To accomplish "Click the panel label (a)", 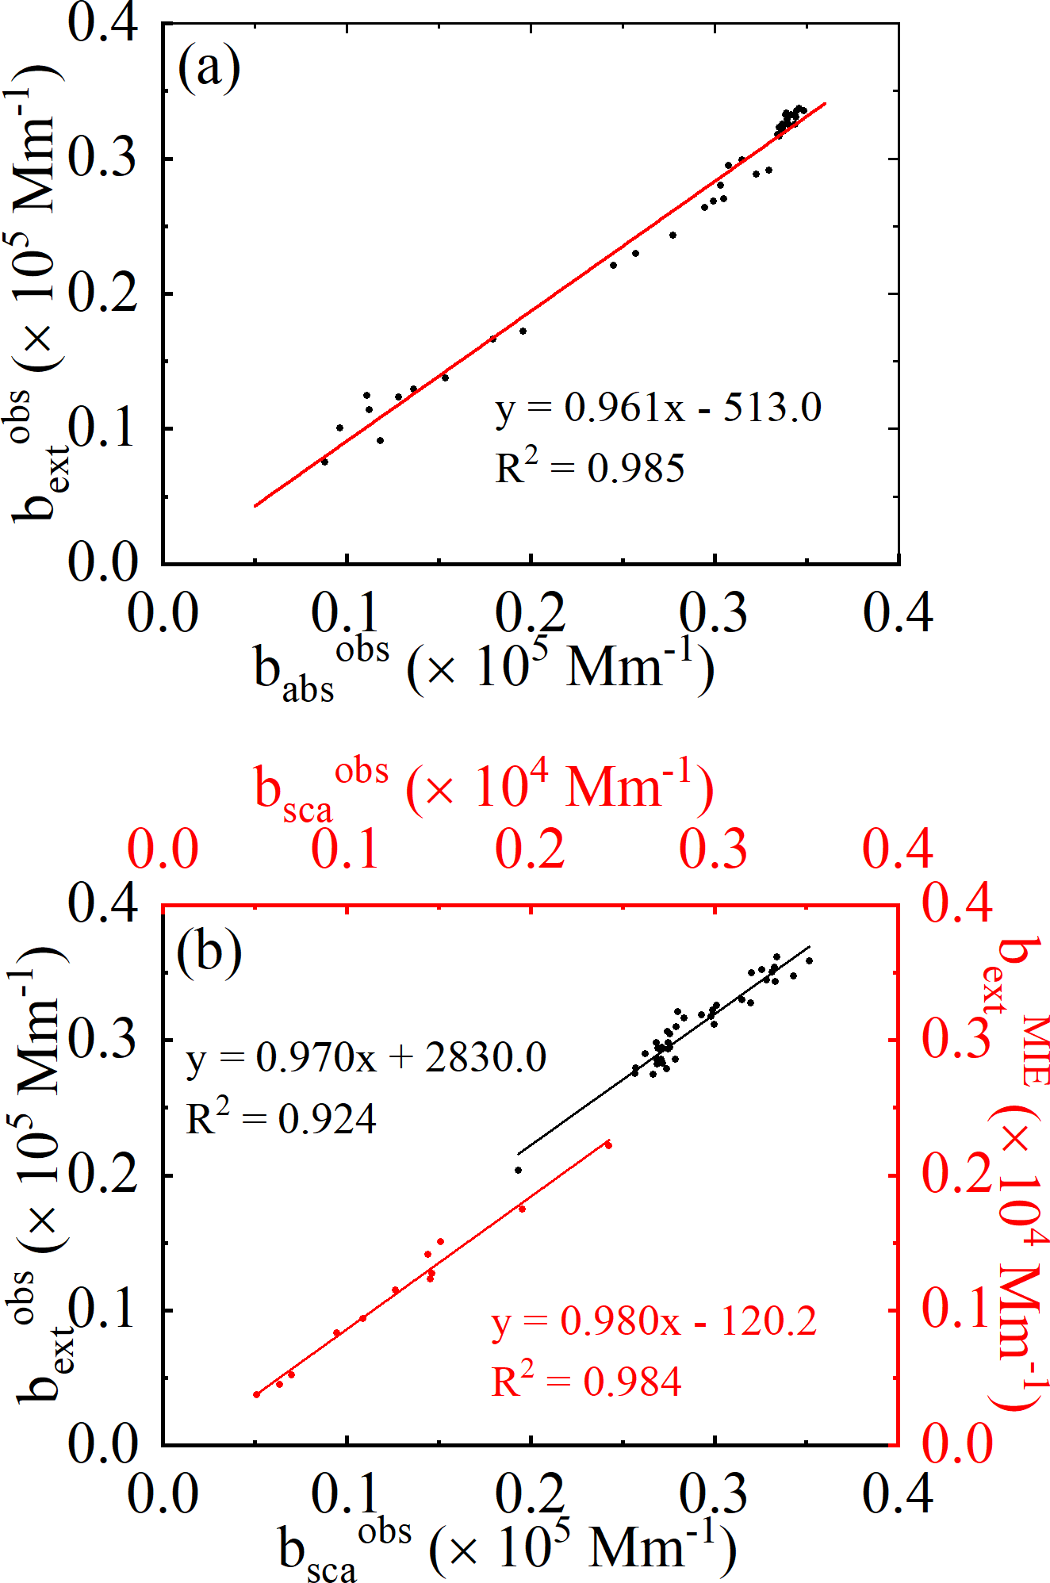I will [x=209, y=69].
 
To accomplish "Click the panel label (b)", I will [x=209, y=951].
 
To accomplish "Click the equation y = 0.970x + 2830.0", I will [x=366, y=1058].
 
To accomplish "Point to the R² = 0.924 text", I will [x=281, y=1118].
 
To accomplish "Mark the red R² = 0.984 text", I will [x=586, y=1381].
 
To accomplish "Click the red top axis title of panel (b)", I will [x=484, y=789].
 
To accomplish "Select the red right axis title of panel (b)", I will [x=1021, y=1174].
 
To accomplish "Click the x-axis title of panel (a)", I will [x=484, y=670].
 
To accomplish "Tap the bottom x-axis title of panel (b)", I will [x=508, y=1550].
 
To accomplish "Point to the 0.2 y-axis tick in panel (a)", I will [x=103, y=294].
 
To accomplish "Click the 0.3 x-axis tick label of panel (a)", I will [x=714, y=613].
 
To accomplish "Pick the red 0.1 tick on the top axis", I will [x=346, y=849].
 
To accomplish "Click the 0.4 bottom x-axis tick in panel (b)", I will [x=898, y=1494].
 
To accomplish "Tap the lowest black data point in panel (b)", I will [x=519, y=1170].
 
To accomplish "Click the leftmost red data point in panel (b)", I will [x=257, y=1394].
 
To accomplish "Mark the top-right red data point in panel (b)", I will [x=608, y=1144].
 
